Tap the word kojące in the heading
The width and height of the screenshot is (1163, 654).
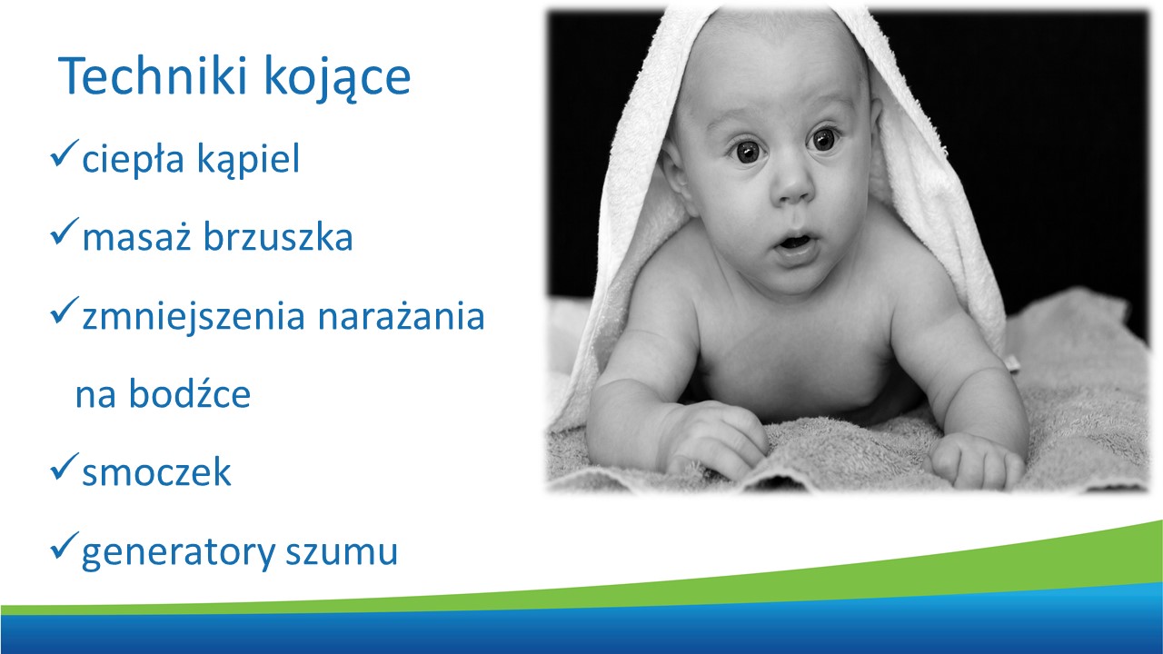(x=337, y=79)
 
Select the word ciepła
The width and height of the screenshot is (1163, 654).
(x=133, y=159)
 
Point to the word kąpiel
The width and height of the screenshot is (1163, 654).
(x=249, y=159)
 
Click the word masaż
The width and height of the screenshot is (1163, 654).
(x=137, y=237)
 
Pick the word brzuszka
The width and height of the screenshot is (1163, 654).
(x=278, y=237)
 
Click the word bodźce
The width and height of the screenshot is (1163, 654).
(x=190, y=393)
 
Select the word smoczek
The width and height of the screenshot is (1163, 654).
(x=156, y=471)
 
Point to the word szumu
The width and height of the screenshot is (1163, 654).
(x=342, y=552)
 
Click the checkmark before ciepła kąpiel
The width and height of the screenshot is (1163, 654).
(x=65, y=154)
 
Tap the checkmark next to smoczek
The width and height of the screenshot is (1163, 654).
(x=65, y=466)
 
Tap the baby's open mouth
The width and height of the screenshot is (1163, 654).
(x=795, y=243)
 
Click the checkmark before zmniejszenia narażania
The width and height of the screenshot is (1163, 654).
(x=65, y=311)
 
